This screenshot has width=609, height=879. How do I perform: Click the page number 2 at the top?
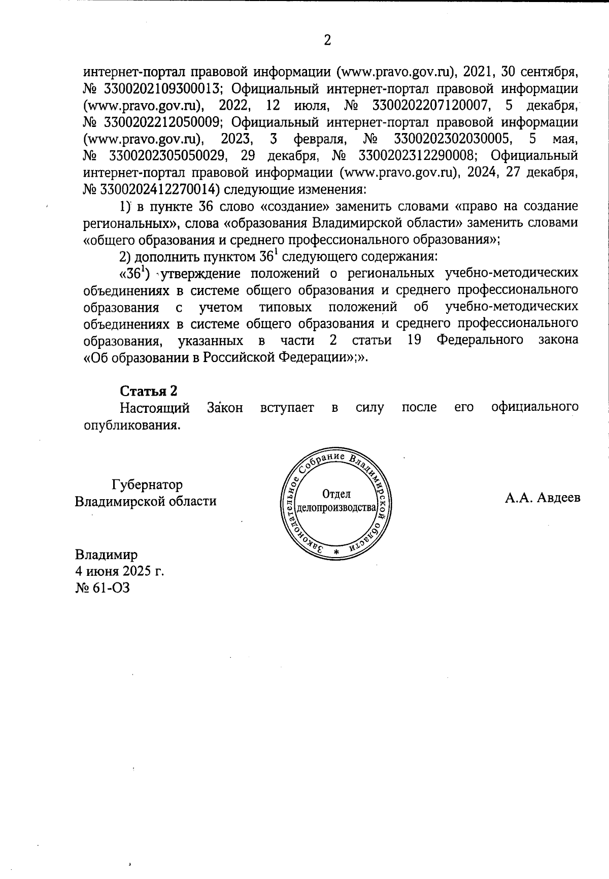click(x=327, y=40)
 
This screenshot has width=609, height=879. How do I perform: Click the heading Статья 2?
click(x=149, y=390)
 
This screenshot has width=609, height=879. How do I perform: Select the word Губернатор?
click(x=148, y=484)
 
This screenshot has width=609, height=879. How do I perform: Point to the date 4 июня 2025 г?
click(x=119, y=570)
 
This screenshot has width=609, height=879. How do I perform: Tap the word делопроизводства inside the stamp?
click(x=336, y=507)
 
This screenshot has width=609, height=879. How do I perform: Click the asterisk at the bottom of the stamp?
click(x=336, y=552)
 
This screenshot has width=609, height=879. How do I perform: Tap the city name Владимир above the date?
click(x=106, y=554)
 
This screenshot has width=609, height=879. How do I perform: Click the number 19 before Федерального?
click(x=416, y=340)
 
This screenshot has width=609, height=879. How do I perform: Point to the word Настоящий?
click(x=155, y=407)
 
